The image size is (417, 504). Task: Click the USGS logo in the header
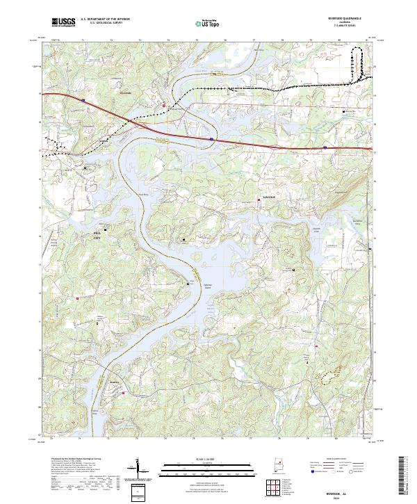[64, 22]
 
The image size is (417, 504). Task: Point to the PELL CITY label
[98, 234]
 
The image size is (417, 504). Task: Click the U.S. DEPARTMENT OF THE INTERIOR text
[105, 19]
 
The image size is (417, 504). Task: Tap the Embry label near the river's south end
[115, 382]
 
